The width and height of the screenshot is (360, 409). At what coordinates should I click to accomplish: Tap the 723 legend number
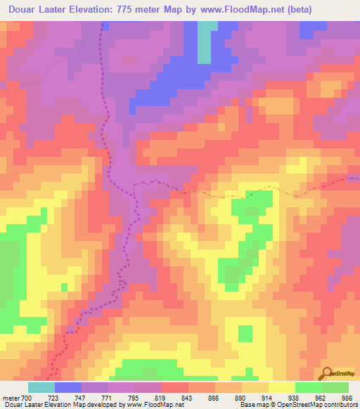coord(54,397)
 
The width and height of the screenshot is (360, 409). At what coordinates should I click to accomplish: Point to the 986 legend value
coord(348,397)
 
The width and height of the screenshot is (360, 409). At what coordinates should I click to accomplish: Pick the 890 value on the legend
coord(241,397)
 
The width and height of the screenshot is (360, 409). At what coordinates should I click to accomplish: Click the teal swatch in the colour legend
coord(41,387)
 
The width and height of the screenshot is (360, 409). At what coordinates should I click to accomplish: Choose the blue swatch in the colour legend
coord(67,387)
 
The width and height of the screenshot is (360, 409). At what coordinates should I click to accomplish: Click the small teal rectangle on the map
coord(204,41)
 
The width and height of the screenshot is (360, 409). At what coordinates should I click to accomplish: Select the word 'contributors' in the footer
coord(337,405)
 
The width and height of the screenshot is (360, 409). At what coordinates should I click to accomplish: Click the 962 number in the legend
coord(321,397)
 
